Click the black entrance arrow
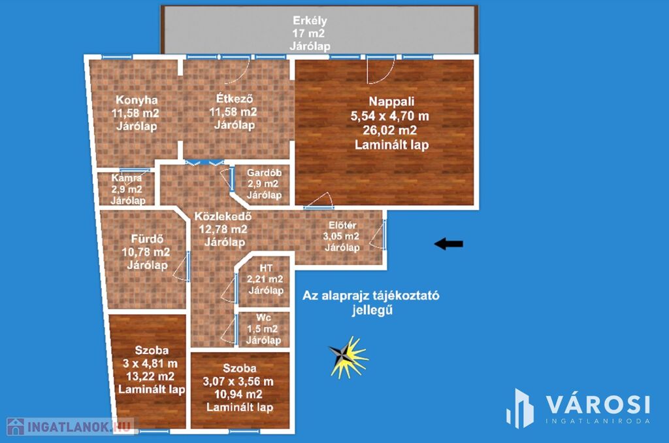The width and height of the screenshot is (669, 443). (448, 244)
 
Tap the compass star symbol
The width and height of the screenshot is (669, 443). (348, 357)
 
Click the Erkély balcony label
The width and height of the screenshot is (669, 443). (310, 20)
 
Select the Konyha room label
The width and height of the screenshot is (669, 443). (137, 100)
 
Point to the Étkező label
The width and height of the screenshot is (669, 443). (235, 98)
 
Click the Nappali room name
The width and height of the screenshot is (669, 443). (391, 101)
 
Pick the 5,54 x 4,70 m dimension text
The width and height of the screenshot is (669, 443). (389, 116)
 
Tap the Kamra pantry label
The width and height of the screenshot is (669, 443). (127, 178)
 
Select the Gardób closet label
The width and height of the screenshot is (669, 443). (264, 173)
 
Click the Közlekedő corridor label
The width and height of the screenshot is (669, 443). (223, 216)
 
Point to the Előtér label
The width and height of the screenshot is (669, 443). (342, 225)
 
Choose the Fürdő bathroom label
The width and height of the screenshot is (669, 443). (147, 239)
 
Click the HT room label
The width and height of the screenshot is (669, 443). (266, 268)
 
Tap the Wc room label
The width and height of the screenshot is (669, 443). (264, 317)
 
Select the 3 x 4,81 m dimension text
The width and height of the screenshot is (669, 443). (150, 364)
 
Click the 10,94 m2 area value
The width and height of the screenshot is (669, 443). (238, 395)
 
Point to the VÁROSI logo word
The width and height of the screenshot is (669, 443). (598, 404)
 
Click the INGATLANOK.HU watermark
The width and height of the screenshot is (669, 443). (71, 427)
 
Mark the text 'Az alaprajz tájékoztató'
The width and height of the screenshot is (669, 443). (371, 296)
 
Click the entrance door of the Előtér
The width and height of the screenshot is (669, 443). (384, 235)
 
